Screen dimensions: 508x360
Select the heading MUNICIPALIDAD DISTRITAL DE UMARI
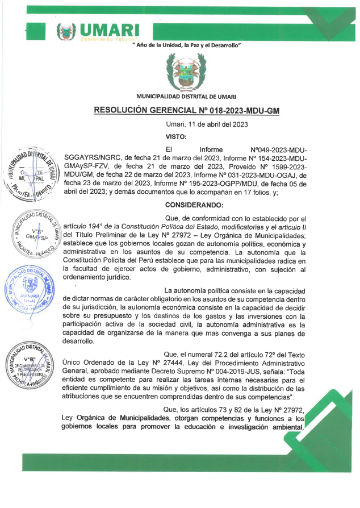click(186, 97)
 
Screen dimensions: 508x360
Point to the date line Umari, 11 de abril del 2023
click(206, 124)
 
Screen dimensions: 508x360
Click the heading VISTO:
click(175, 136)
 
